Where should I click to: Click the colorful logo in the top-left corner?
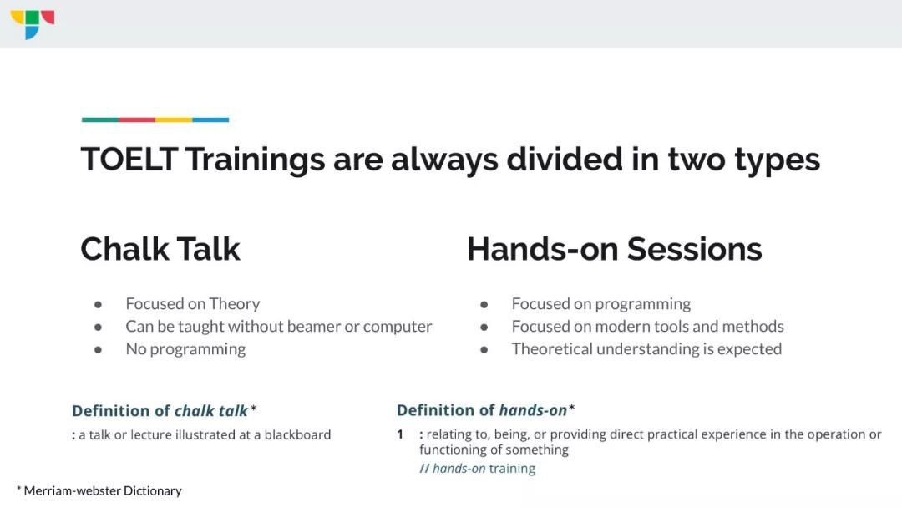point(33,24)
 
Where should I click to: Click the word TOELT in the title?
point(129,159)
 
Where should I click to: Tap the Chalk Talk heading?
point(160,249)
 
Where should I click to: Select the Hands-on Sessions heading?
point(614,249)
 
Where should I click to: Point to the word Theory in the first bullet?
point(234,304)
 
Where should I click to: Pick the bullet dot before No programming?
point(99,349)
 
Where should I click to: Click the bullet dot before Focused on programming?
point(484,304)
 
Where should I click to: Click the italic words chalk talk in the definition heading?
point(211,411)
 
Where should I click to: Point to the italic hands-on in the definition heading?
point(533,410)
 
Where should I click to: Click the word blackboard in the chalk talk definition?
point(297,435)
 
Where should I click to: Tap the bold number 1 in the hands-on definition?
point(400,434)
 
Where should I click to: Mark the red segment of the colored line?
point(137,119)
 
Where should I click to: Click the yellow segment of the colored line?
point(174,119)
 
